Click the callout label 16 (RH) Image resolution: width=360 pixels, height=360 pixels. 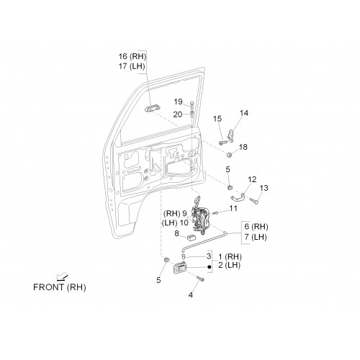[132, 56]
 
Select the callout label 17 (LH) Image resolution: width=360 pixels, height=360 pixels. [132, 66]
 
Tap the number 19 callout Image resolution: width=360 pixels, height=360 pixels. [178, 102]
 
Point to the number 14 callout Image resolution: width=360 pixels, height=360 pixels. [244, 113]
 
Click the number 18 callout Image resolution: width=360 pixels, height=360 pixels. [243, 147]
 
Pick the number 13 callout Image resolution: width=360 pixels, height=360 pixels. [264, 188]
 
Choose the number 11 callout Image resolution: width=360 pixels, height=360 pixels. [233, 208]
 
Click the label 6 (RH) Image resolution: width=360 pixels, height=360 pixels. [256, 227]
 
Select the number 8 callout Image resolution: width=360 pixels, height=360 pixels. [176, 233]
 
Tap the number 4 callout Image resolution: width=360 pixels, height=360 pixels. [191, 295]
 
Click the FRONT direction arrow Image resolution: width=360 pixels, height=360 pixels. [62, 277]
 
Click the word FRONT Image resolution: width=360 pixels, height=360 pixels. [49, 287]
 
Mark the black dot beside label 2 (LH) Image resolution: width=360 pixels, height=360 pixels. [210, 266]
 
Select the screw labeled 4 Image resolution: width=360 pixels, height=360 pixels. [200, 279]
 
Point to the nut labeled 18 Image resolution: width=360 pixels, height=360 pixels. [229, 155]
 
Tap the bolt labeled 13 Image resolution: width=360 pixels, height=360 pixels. [253, 201]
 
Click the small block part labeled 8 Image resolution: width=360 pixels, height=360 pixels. [191, 238]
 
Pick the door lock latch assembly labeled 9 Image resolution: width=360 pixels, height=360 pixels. [201, 215]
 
